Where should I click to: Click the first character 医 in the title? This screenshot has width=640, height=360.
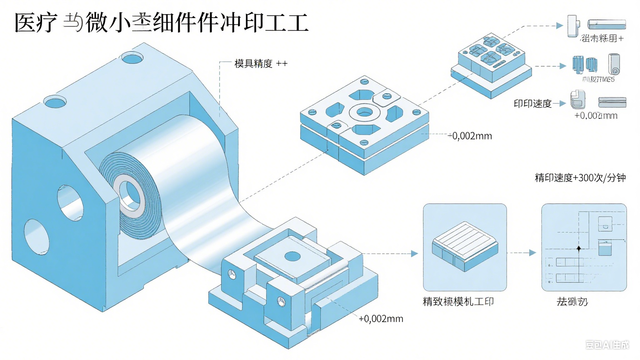25,22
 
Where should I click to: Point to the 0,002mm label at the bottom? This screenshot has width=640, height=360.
381,319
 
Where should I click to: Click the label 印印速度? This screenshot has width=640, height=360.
532,104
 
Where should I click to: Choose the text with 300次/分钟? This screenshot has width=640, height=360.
580,178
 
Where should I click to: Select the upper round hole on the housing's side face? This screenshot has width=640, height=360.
70,203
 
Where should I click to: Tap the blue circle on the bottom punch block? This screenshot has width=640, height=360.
292,256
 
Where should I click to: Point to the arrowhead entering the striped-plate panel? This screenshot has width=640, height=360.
414,253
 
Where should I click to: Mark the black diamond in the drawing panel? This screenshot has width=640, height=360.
578,249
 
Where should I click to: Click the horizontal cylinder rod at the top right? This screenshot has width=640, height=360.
606,24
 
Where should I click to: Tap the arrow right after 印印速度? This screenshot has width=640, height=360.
560,103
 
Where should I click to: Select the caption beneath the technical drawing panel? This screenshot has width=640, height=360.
572,302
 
